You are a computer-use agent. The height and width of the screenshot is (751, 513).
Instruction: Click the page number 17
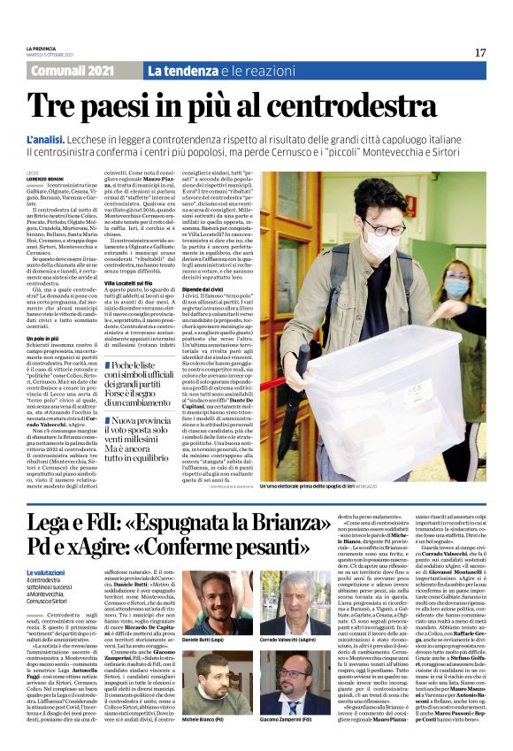click(479, 53)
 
